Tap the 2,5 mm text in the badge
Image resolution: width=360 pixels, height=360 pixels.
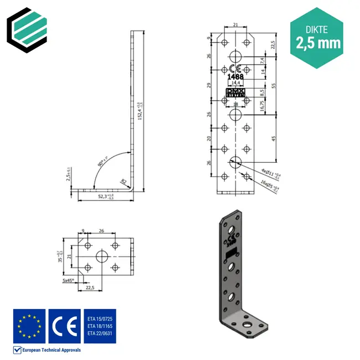click(317, 43)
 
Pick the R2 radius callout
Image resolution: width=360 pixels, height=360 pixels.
click(125, 181)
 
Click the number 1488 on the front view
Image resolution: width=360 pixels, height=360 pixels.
click(235, 76)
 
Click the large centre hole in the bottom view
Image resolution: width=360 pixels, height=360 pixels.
click(102, 256)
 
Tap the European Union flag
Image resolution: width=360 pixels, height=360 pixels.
click(29, 326)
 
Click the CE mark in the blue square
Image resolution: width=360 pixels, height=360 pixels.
click(64, 326)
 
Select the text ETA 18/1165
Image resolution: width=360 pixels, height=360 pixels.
click(99, 326)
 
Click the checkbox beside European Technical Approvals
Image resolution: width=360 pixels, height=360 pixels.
click(17, 349)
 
